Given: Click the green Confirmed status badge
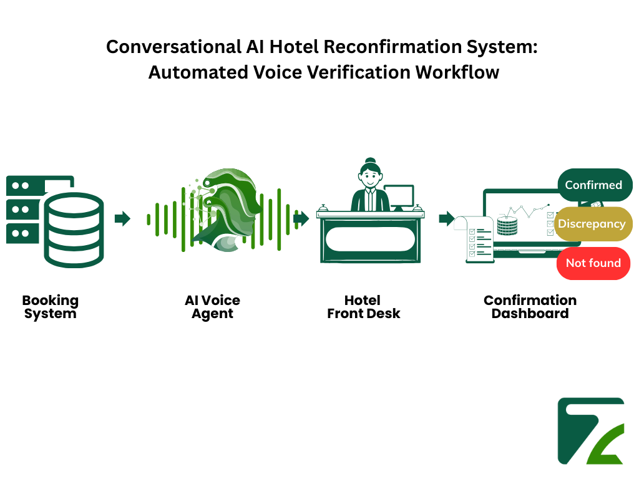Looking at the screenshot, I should (x=593, y=185).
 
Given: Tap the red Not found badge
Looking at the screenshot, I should (x=593, y=263).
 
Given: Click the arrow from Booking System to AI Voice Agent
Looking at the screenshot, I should (x=122, y=218).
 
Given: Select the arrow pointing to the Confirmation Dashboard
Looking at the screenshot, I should (x=446, y=218).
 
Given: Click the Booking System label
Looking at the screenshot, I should (x=51, y=307).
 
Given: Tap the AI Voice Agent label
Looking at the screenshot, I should (x=212, y=307).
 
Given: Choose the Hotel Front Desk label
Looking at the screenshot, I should (x=363, y=307).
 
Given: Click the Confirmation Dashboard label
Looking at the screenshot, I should (x=530, y=307).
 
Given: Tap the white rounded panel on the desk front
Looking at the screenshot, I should (x=370, y=239).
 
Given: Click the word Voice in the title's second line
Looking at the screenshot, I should (x=278, y=72).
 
